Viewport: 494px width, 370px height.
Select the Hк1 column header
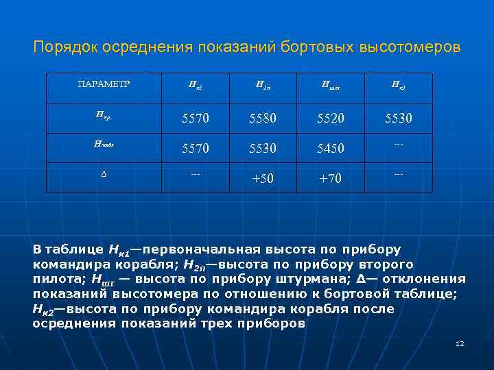[196, 86]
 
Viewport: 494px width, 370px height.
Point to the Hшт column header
[330, 86]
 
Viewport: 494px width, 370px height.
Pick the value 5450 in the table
[331, 147]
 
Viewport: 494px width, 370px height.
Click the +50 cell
[263, 178]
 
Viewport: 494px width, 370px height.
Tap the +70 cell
[331, 178]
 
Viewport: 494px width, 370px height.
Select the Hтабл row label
[103, 144]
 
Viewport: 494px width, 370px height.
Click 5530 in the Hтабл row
[263, 147]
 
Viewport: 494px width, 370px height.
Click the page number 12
[460, 343]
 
